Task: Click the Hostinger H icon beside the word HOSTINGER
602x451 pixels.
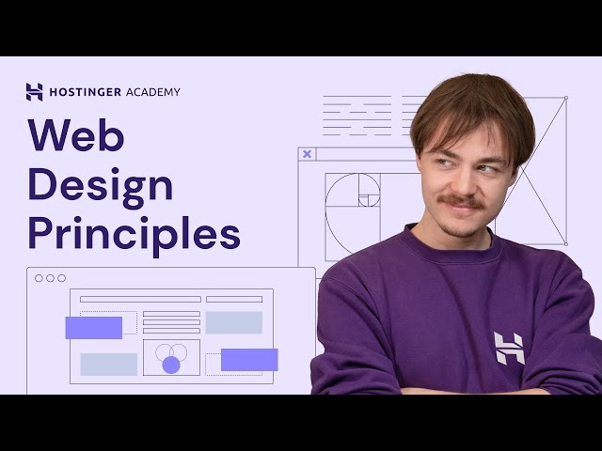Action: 35,92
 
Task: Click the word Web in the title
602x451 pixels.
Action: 75,135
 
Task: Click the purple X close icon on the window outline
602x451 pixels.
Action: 307,154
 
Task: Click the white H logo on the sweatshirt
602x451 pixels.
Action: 509,348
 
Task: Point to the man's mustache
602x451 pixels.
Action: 462,202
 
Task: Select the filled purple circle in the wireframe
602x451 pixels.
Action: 170,365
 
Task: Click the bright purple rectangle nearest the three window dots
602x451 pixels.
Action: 93,327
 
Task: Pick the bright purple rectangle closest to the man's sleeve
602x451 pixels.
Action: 249,360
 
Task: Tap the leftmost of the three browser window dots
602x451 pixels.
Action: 39,278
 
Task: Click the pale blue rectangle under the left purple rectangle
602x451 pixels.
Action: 108,364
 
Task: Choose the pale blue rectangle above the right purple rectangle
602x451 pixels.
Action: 233,322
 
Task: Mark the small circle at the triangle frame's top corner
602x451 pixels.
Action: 565,97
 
